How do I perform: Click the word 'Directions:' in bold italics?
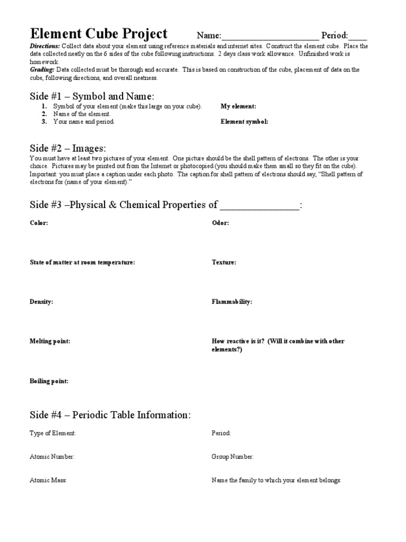[45, 47]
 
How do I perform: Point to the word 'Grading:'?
[42, 69]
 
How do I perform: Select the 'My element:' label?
[238, 106]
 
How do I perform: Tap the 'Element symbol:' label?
[244, 122]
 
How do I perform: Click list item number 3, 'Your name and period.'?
[83, 122]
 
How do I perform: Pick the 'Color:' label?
[39, 223]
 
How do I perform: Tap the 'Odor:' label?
[220, 223]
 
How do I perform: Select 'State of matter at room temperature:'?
[82, 263]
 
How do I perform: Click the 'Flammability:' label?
[232, 302]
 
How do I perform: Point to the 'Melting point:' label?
[50, 341]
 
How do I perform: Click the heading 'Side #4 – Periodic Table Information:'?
[109, 415]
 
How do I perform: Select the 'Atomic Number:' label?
[52, 457]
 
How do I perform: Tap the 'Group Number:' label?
[233, 457]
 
